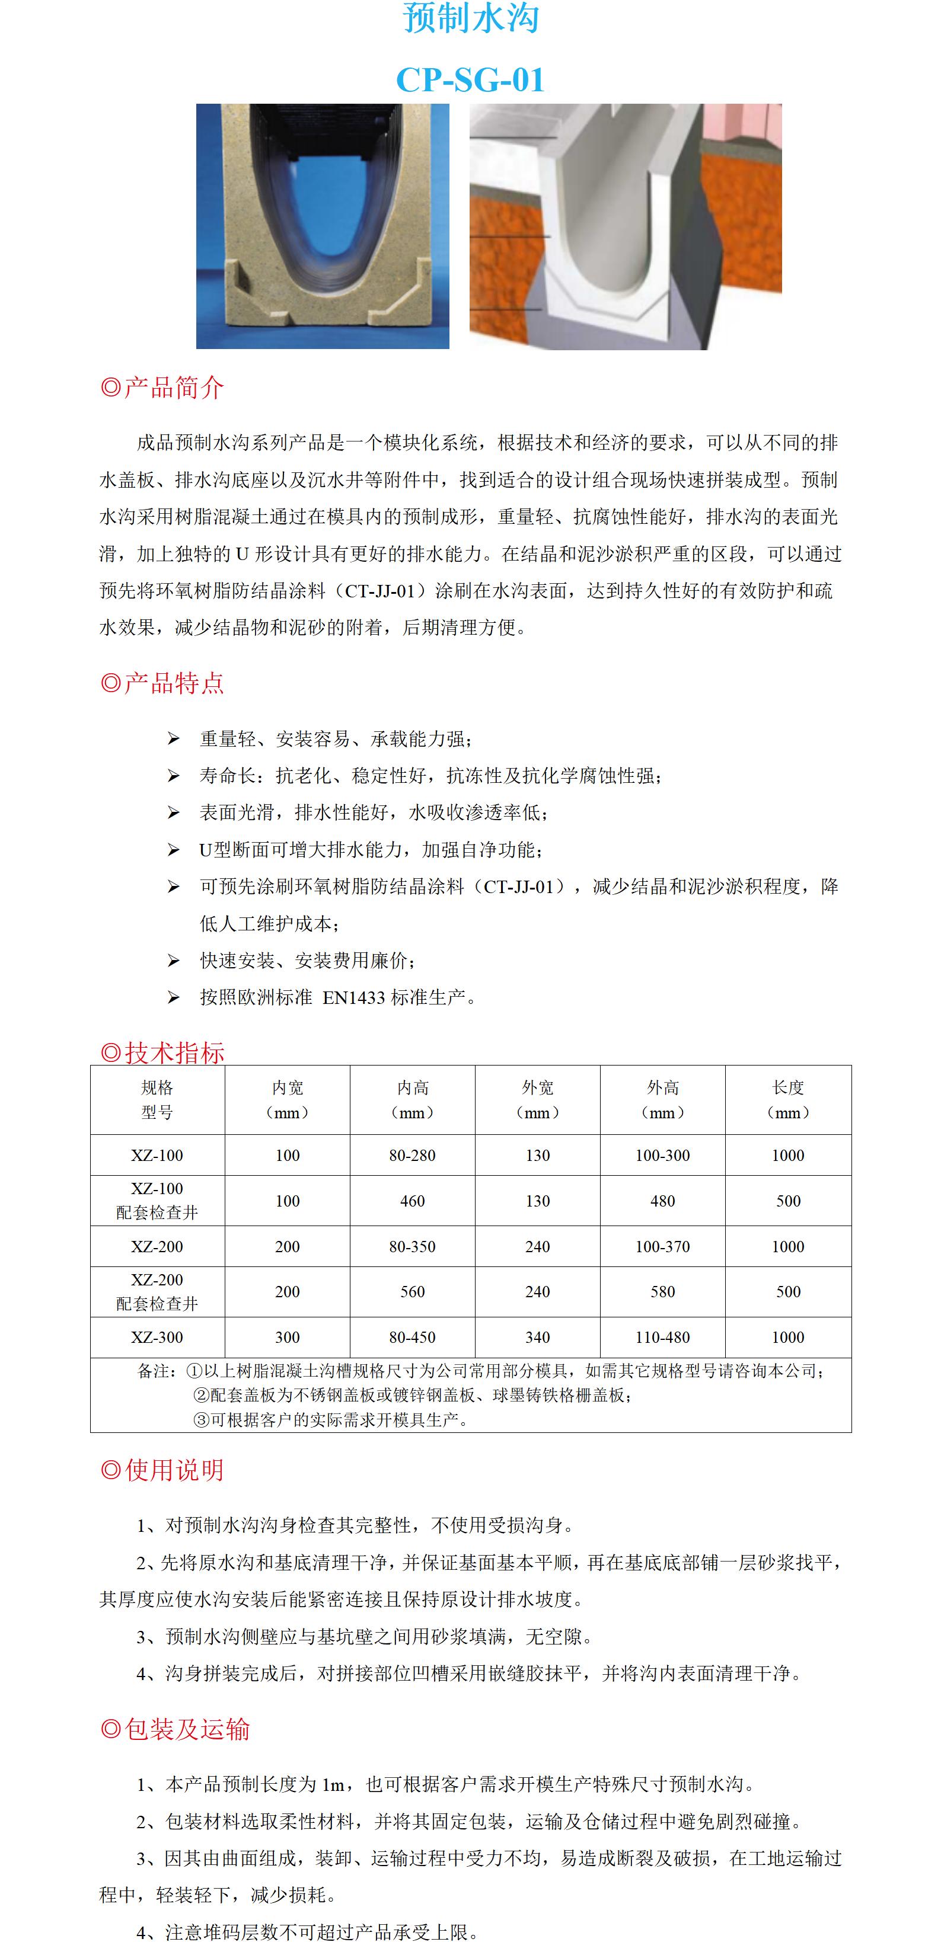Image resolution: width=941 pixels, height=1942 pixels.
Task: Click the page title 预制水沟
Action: coord(471,18)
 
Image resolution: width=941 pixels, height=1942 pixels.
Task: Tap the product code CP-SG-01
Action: coord(471,80)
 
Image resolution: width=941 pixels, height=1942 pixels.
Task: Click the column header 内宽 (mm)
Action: coord(287,1099)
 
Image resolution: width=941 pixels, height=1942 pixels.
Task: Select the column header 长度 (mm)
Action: coord(788,1099)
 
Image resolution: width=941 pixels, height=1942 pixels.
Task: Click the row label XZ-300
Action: coord(157,1338)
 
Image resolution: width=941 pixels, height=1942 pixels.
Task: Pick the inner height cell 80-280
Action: coord(413,1155)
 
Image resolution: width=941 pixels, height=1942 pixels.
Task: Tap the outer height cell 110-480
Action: coord(663,1338)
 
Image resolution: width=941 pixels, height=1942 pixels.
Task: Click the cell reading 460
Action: coord(413,1201)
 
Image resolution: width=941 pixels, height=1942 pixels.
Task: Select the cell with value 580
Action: coord(663,1291)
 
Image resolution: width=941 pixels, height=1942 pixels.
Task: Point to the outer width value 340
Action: coord(538,1338)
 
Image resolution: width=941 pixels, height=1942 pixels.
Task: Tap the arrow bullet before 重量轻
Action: coord(173,739)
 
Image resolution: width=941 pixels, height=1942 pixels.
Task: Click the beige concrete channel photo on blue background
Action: coord(323,226)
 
